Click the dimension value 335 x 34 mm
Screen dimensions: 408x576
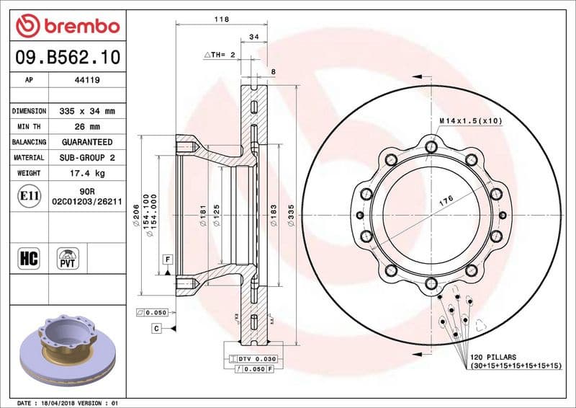88,112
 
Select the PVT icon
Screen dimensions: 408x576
69,258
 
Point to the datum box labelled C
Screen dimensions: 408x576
156,329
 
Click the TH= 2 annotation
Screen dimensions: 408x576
220,55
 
